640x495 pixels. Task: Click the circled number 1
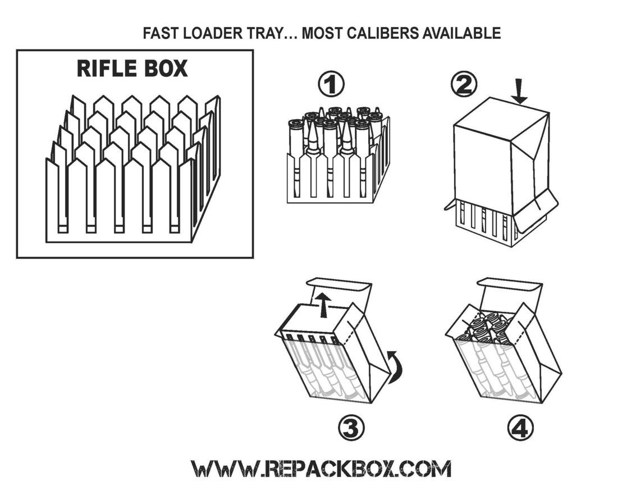tap(331, 85)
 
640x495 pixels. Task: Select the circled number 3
tap(351, 429)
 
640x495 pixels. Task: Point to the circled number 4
tap(520, 429)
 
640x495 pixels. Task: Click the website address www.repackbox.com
tap(321, 468)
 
